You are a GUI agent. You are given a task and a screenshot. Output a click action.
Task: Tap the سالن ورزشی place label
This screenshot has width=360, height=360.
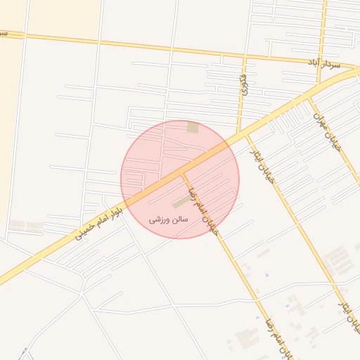click(x=169, y=219)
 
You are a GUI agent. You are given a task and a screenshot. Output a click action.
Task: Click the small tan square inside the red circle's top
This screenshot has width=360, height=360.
click(x=193, y=127)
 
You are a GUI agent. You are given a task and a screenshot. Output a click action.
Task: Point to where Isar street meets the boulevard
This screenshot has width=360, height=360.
click(x=246, y=134)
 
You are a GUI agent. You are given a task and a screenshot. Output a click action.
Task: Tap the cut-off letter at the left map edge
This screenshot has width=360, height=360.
click(x=3, y=33)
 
